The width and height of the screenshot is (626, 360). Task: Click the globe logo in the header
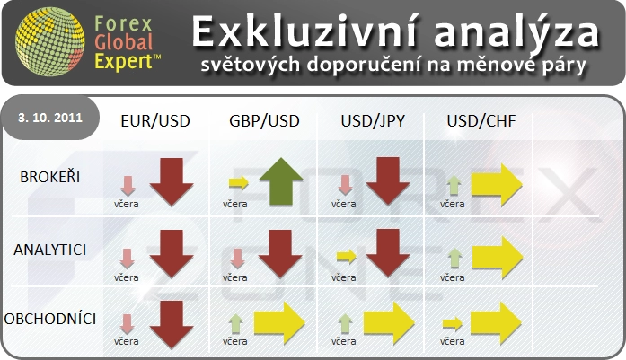pos(49,41)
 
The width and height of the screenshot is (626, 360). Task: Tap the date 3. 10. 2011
pos(50,118)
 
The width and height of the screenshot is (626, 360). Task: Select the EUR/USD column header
pos(155,121)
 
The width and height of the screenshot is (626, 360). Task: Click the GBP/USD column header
pos(264,121)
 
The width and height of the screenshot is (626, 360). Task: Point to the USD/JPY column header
pos(373,121)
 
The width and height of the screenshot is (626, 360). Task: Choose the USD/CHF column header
pos(481,121)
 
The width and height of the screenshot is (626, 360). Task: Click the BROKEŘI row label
pos(50,177)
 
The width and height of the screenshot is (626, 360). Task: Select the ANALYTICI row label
pos(50,250)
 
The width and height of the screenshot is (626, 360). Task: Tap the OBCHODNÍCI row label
pos(50,319)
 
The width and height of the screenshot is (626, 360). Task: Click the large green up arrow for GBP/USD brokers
pos(281,181)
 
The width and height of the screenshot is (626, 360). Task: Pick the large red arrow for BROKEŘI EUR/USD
pos(172,182)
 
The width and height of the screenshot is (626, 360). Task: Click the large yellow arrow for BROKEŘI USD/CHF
pos(497,185)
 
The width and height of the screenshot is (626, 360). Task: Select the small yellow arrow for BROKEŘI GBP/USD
pos(239,183)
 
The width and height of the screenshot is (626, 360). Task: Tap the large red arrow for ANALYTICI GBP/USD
pos(280,254)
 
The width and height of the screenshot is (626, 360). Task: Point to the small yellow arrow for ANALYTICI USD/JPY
pos(347,256)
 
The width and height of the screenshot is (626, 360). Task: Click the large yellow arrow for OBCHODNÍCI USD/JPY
pos(389,323)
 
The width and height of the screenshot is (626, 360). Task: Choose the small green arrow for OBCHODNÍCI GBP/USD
pos(236,324)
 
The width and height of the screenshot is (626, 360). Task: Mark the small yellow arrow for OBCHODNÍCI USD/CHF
pos(453,324)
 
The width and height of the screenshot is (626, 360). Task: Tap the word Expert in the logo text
pos(124,62)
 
